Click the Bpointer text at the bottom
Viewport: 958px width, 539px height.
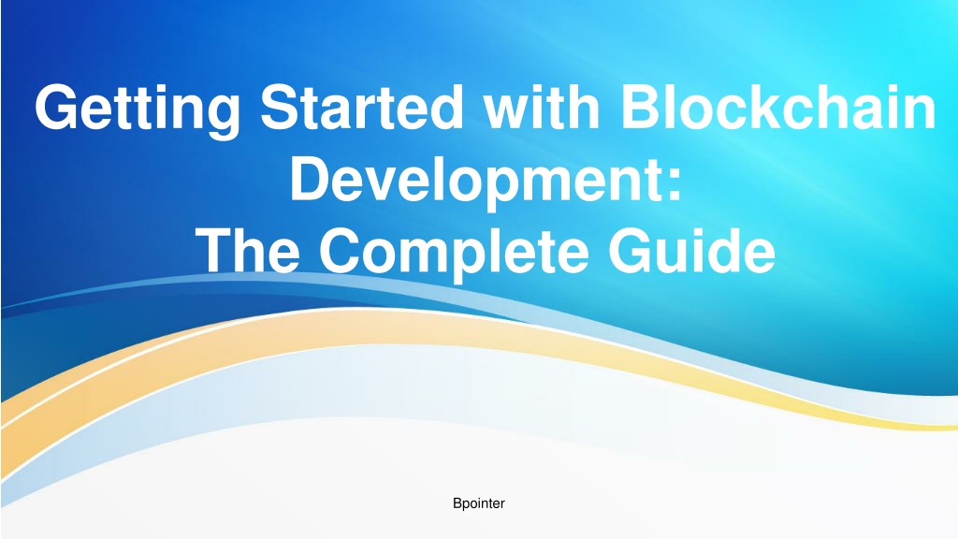tap(478, 503)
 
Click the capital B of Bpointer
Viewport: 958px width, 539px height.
tap(457, 503)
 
